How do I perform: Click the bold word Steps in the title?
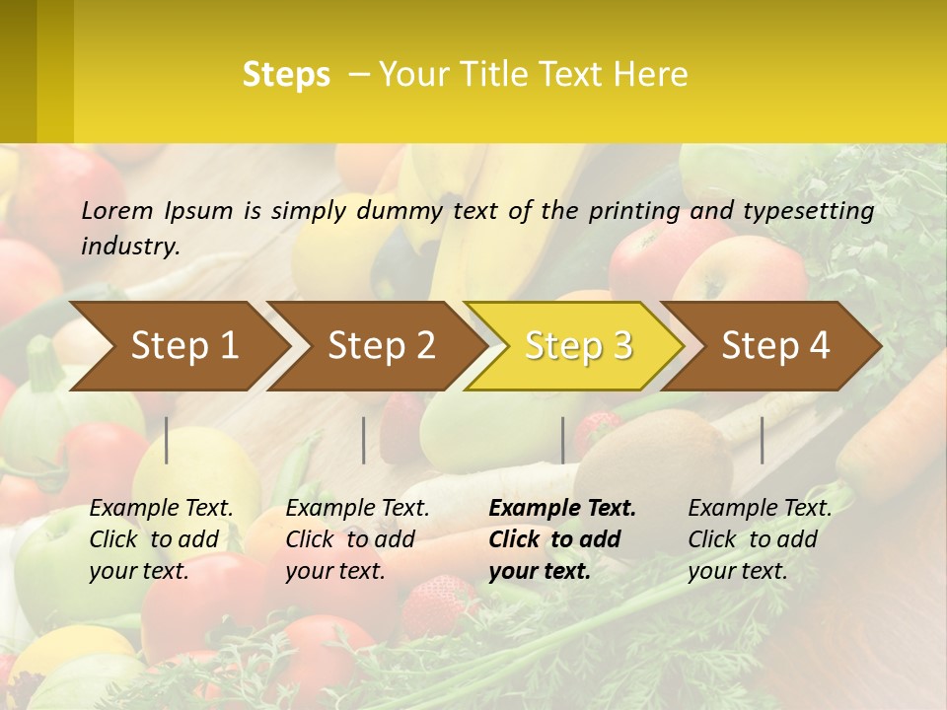tap(286, 75)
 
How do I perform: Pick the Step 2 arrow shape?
tap(381, 346)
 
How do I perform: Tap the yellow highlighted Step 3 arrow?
tap(578, 346)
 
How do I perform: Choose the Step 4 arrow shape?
tap(775, 346)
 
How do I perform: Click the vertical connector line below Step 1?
tap(167, 440)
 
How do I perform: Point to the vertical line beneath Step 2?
tap(364, 440)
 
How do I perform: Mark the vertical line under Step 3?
tap(562, 440)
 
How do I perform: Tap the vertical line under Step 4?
tap(762, 440)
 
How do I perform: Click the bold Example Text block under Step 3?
tap(562, 539)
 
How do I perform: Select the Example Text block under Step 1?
tap(161, 539)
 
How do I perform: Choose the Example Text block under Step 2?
tap(357, 539)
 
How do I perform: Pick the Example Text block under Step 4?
tap(760, 539)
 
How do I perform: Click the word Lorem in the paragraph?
tap(117, 211)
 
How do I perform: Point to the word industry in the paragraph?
tap(129, 246)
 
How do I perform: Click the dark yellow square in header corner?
tap(36, 71)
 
